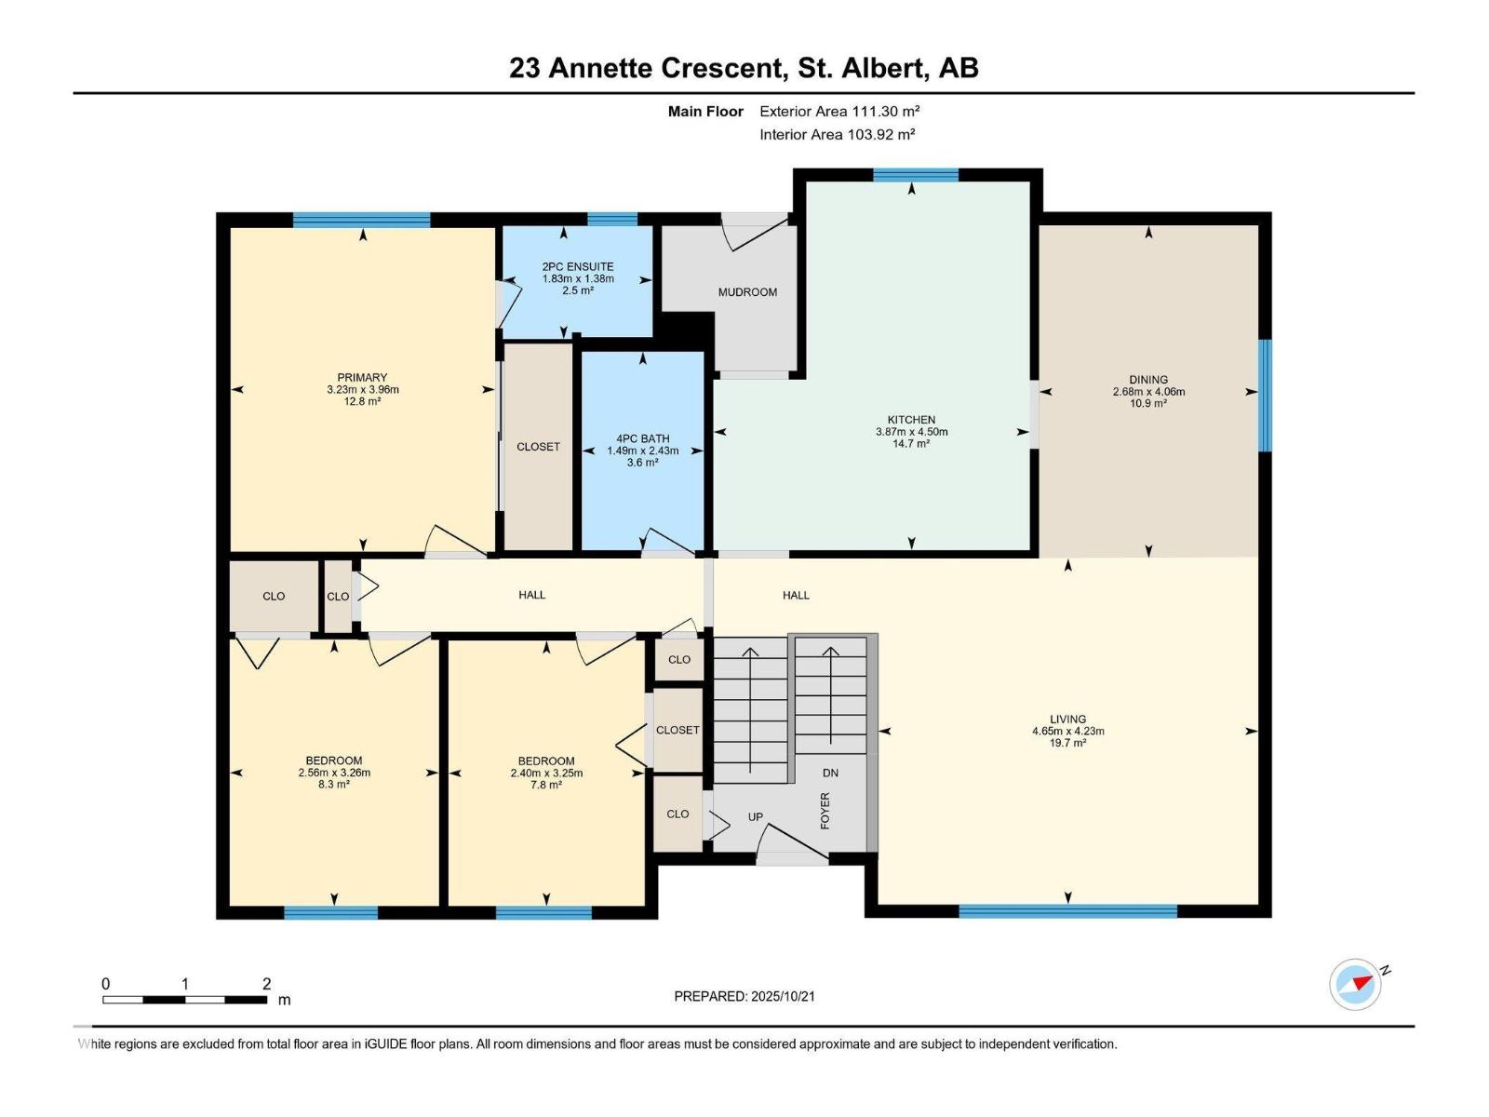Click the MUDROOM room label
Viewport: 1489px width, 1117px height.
coord(747,292)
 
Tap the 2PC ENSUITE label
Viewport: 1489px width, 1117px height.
coord(578,266)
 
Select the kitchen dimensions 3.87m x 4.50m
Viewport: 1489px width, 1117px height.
coord(911,432)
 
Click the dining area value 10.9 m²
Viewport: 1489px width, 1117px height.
coord(1148,404)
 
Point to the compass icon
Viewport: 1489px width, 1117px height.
coord(1356,984)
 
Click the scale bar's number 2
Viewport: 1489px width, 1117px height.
coord(267,984)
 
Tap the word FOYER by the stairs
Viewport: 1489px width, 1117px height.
coord(825,811)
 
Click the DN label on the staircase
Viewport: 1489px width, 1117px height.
coord(831,773)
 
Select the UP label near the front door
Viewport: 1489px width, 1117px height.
coord(756,817)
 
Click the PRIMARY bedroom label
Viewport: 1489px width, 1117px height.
coord(362,378)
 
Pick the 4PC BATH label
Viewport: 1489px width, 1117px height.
coord(642,438)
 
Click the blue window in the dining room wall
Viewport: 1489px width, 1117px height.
coord(1265,395)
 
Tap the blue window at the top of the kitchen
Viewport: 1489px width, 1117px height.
coord(915,174)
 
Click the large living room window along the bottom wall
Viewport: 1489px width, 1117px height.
coord(1067,911)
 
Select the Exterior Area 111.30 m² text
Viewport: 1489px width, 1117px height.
coord(839,111)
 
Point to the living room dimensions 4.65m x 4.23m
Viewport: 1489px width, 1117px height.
coord(1067,732)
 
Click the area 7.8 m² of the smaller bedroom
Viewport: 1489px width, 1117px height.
coord(545,786)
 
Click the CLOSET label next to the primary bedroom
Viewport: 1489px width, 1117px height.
coord(538,447)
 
